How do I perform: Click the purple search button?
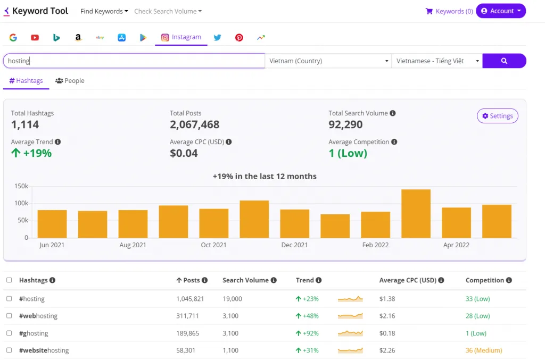tap(504, 61)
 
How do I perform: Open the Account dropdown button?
tap(500, 11)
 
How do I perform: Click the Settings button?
tap(497, 116)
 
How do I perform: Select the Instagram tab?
tap(181, 37)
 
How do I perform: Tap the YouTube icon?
tap(35, 38)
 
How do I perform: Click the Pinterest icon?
tap(239, 38)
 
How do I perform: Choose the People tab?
tap(70, 81)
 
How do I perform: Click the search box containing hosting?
tap(134, 61)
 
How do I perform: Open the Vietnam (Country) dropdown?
tap(328, 61)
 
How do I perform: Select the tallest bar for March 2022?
tap(416, 214)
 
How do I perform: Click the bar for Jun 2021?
tap(52, 224)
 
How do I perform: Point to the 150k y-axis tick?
tap(21, 186)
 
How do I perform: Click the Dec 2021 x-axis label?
tap(294, 245)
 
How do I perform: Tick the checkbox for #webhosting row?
tap(9, 316)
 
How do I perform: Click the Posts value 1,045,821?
tap(190, 299)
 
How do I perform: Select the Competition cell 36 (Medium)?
tap(483, 350)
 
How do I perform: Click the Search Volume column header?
tap(246, 280)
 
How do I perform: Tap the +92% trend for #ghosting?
tap(307, 333)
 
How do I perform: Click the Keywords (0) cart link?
tap(449, 11)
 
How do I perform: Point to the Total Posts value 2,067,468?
tap(194, 125)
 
